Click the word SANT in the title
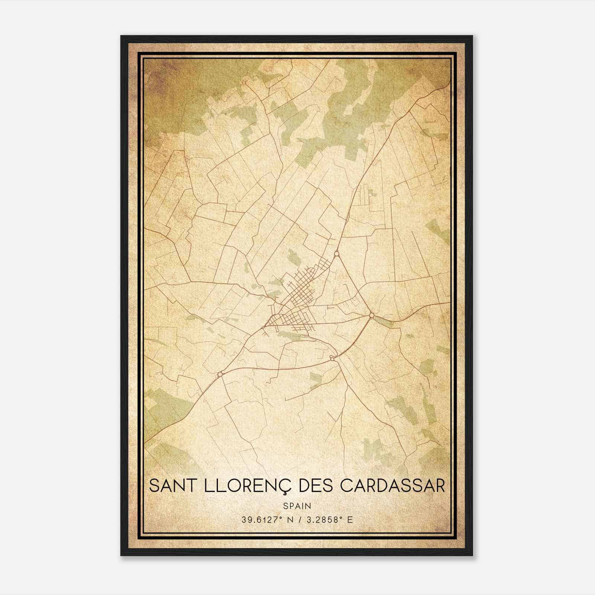170,486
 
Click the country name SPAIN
297,506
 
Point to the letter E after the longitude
350,520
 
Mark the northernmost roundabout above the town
337,254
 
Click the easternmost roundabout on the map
372,316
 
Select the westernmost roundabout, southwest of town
220,374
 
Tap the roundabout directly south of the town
333,359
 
